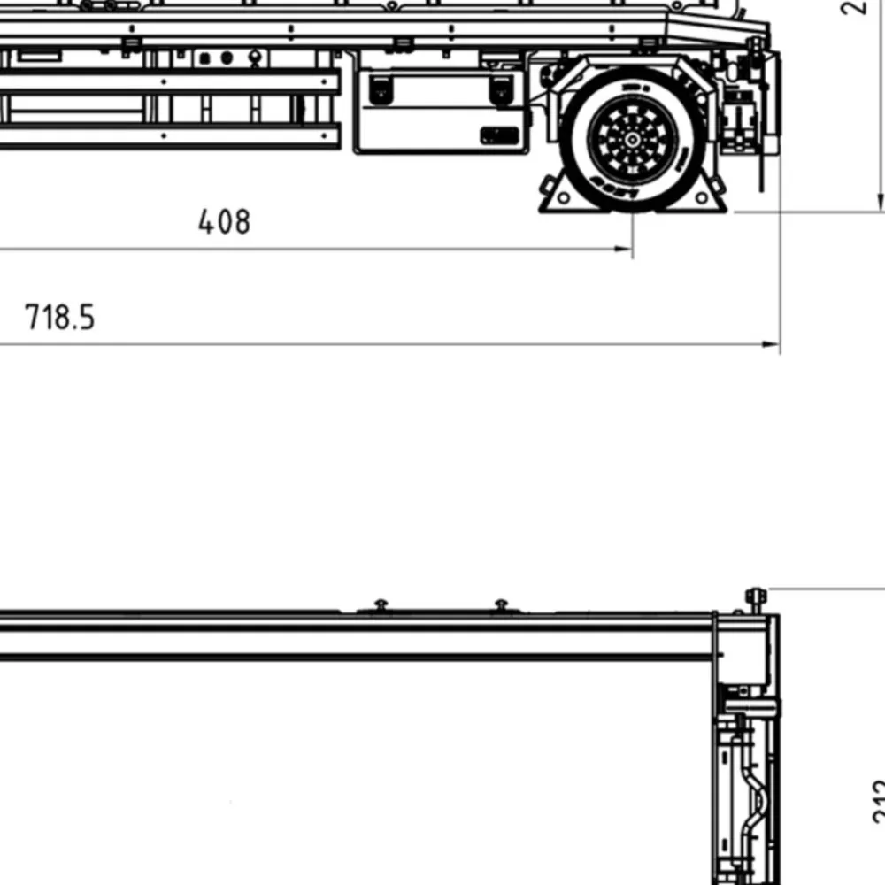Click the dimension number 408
point(224,221)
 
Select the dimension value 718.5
point(59,317)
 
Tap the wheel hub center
point(633,140)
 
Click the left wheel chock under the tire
point(556,196)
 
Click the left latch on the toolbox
point(381,88)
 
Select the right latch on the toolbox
point(501,88)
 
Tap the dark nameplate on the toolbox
point(499,135)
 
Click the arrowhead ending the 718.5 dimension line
point(773,345)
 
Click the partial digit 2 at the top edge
point(854,7)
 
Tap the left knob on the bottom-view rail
point(381,605)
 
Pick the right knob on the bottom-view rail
point(501,605)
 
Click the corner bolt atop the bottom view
point(755,596)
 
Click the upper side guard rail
point(168,82)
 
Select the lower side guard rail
point(168,135)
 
